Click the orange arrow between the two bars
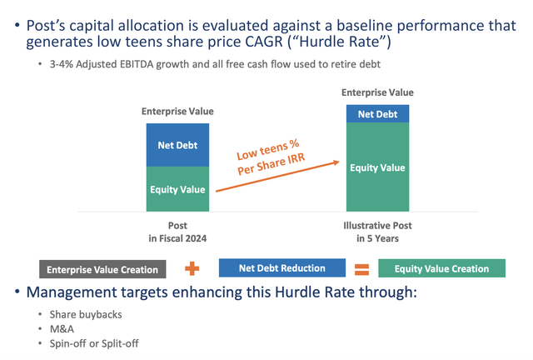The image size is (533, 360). click(275, 176)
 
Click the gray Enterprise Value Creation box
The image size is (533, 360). click(102, 269)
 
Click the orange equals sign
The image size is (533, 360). click(361, 269)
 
